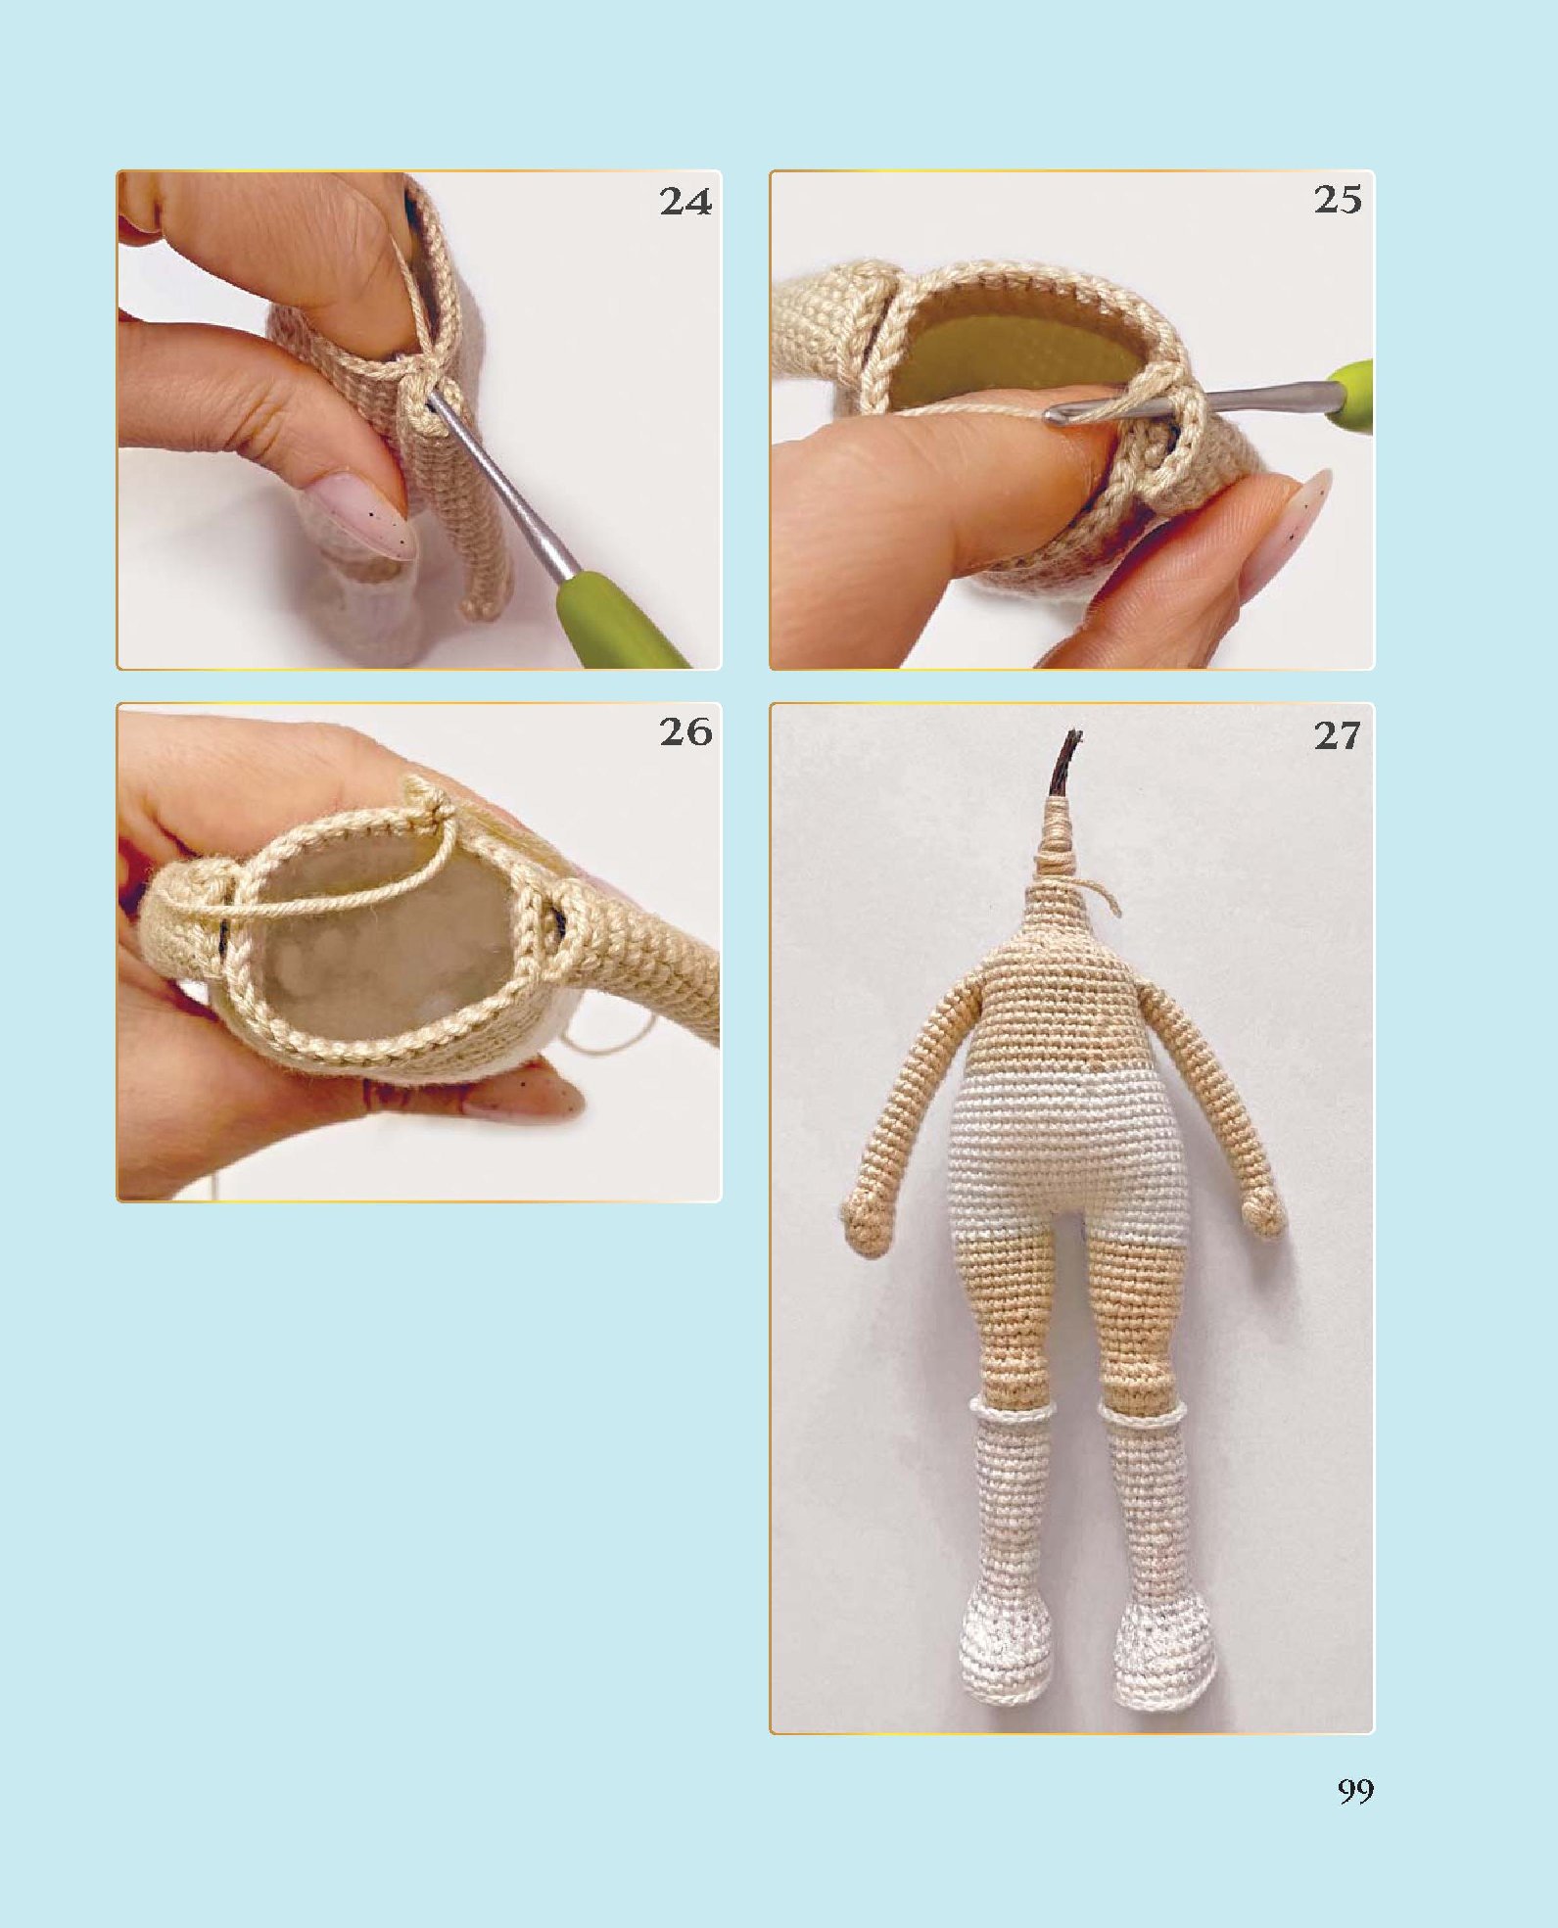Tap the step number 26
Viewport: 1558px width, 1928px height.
(685, 731)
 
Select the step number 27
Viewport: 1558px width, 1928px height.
(1338, 735)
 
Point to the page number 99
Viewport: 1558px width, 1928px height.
(1355, 1792)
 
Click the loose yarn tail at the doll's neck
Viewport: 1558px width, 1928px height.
(1105, 895)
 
